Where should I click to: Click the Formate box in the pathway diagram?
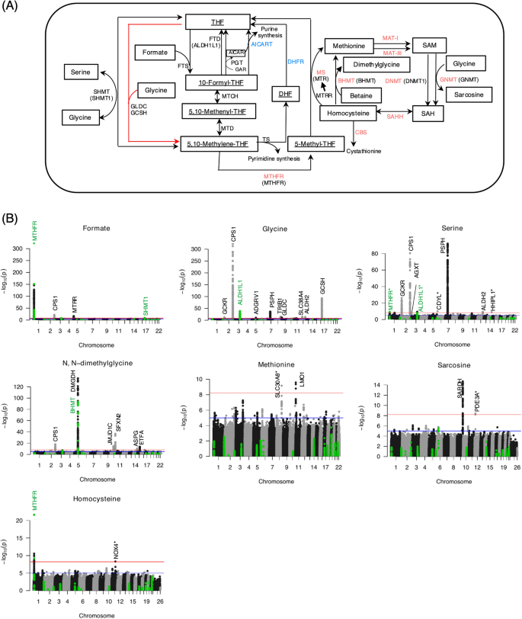point(156,52)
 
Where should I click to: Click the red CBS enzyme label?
point(361,132)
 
